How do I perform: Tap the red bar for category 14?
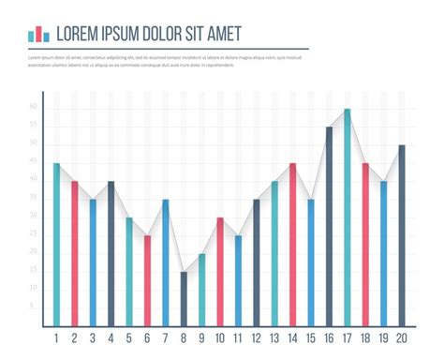pyautogui.click(x=292, y=244)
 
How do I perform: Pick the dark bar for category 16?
pyautogui.click(x=329, y=225)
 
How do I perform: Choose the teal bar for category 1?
pyautogui.click(x=56, y=244)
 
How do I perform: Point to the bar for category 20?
pyautogui.click(x=402, y=234)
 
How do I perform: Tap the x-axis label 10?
pyautogui.click(x=219, y=338)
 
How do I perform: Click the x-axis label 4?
pyautogui.click(x=111, y=338)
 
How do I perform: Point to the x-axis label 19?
pyautogui.click(x=383, y=338)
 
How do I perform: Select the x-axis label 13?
pyautogui.click(x=274, y=338)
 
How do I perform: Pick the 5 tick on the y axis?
pyautogui.click(x=33, y=306)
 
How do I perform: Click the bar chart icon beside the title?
pyautogui.click(x=38, y=34)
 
